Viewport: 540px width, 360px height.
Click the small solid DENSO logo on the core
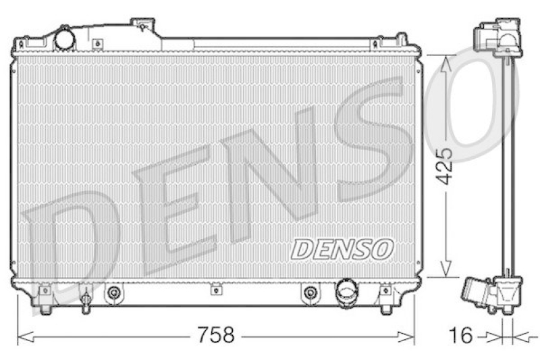(342, 248)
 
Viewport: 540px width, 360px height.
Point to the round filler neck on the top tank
(64, 38)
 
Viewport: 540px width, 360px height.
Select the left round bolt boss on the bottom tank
(115, 292)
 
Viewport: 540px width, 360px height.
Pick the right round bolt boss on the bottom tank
(310, 292)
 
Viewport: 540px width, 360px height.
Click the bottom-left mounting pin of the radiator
(45, 307)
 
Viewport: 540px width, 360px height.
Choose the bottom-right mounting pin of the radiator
(385, 307)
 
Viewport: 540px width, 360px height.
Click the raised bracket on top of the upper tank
(142, 26)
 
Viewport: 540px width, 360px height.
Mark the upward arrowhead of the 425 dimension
(445, 63)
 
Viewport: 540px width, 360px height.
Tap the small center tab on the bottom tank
(215, 290)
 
